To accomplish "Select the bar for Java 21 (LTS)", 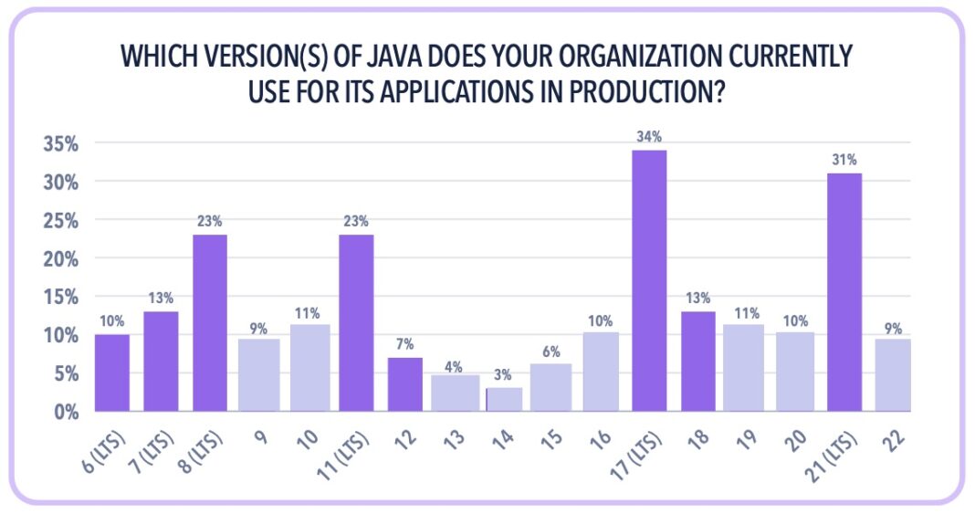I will (844, 292).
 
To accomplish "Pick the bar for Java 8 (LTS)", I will (210, 323).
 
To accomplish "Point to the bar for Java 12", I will (404, 384).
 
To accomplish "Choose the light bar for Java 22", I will (893, 375).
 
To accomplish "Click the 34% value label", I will (649, 137).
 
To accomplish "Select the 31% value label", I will (844, 160).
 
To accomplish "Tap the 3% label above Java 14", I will (502, 374).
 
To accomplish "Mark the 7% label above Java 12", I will (404, 344).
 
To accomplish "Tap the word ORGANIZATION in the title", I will (617, 57).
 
